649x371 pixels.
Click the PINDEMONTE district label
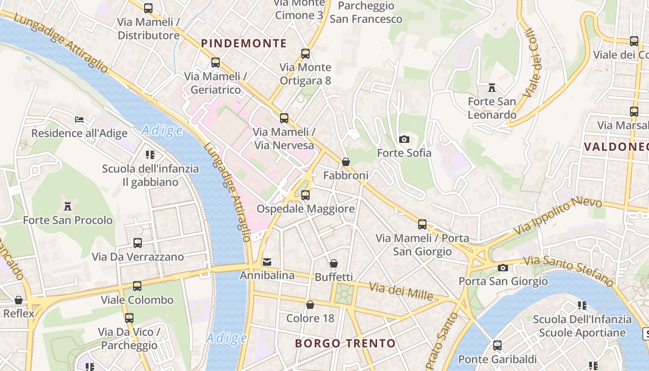pyautogui.click(x=244, y=44)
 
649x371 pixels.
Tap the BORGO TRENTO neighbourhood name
pyautogui.click(x=345, y=344)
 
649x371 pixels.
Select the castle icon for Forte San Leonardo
pyautogui.click(x=492, y=87)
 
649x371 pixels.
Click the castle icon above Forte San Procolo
pyautogui.click(x=68, y=206)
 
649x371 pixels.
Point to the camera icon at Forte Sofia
pyautogui.click(x=404, y=139)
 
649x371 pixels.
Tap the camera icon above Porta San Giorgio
pyautogui.click(x=503, y=268)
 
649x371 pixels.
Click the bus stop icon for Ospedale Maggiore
pyautogui.click(x=305, y=195)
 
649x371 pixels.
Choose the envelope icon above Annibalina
pyautogui.click(x=267, y=262)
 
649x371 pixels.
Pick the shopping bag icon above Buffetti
pyautogui.click(x=334, y=263)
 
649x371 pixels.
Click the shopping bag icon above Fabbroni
pyautogui.click(x=345, y=162)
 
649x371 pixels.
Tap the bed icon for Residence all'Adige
pyautogui.click(x=79, y=120)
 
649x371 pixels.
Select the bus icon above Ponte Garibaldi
pyautogui.click(x=497, y=345)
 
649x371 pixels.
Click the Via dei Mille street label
pyautogui.click(x=401, y=291)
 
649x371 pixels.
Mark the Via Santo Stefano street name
pyautogui.click(x=568, y=270)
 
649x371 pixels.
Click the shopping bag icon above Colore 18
pyautogui.click(x=310, y=305)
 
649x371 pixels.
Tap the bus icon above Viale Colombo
pyautogui.click(x=137, y=286)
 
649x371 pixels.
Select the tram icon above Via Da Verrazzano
pyautogui.click(x=138, y=243)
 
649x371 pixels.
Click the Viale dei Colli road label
pyautogui.click(x=534, y=63)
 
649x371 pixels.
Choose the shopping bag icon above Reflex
pyautogui.click(x=19, y=300)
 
